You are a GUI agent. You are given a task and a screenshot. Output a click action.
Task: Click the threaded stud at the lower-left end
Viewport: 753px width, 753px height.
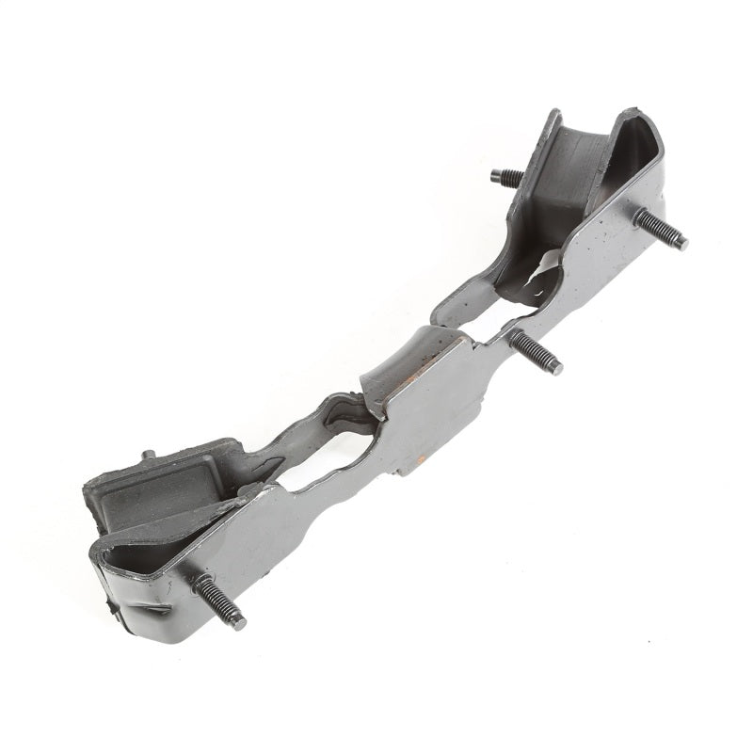click(x=220, y=602)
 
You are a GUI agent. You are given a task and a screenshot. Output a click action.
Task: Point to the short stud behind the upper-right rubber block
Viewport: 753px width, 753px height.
click(x=507, y=176)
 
